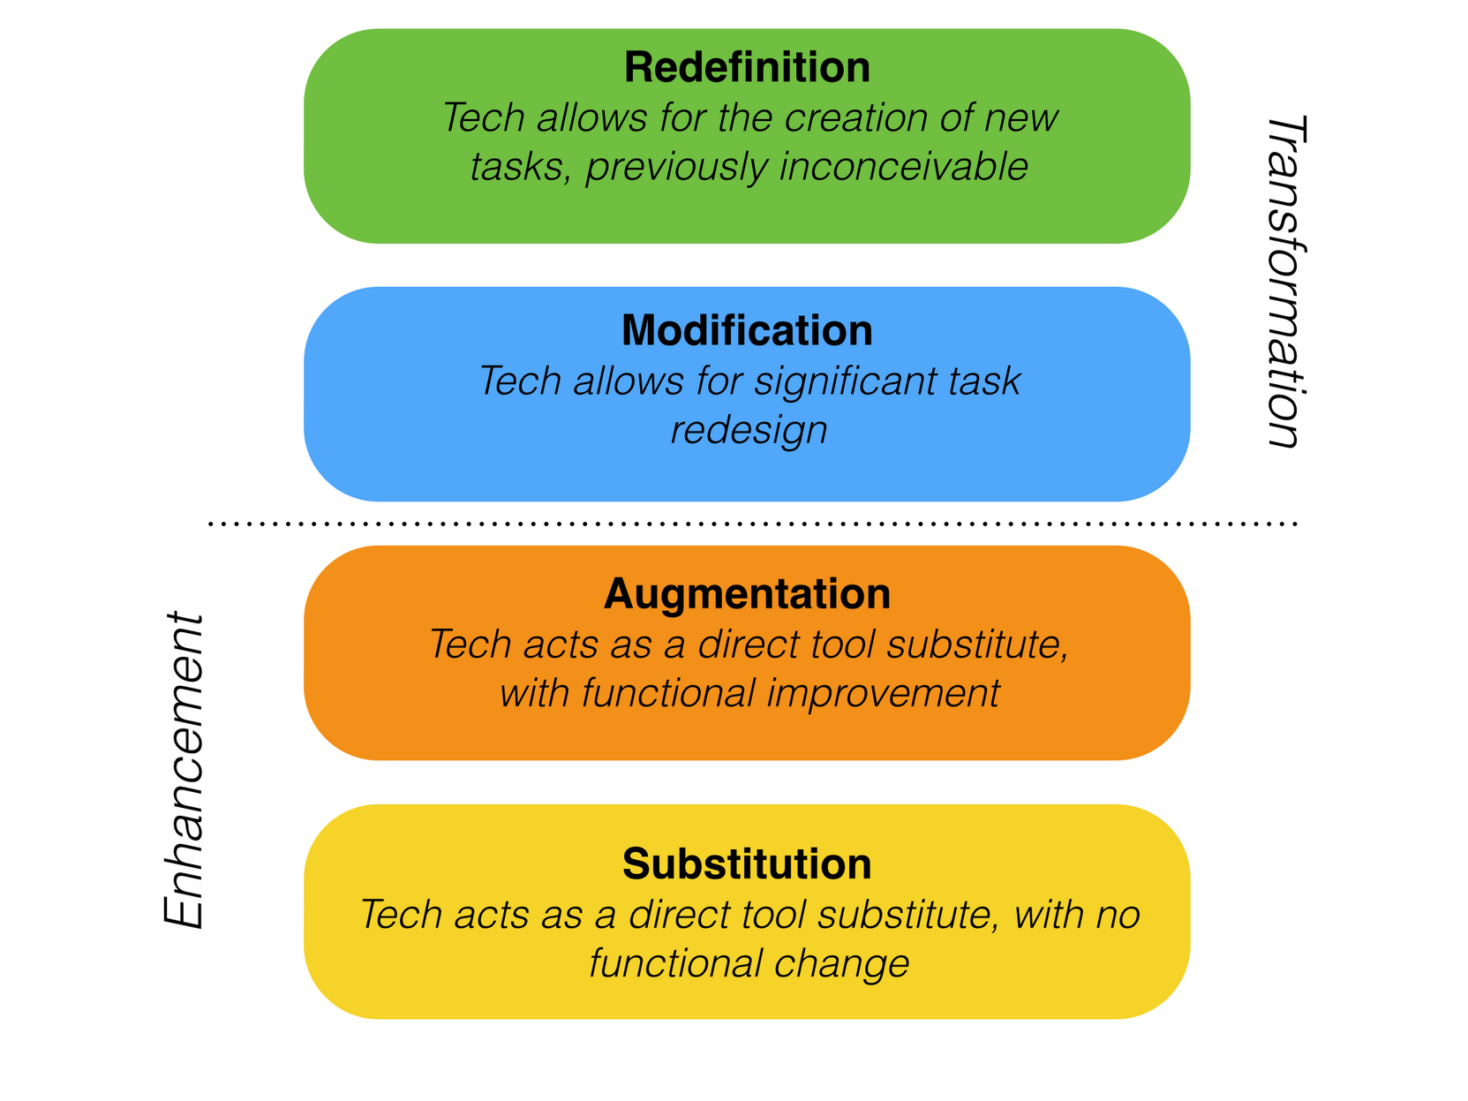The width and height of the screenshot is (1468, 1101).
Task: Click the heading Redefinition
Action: click(747, 68)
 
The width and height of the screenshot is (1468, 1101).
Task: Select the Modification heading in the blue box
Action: click(747, 330)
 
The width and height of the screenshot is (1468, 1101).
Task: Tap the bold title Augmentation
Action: click(747, 593)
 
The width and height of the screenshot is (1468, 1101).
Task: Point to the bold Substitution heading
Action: click(747, 863)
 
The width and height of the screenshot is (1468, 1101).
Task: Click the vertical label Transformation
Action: click(1285, 282)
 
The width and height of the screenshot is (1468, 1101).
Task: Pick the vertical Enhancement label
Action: click(184, 769)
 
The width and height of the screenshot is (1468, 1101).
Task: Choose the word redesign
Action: click(749, 431)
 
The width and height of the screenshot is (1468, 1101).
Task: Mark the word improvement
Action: click(884, 693)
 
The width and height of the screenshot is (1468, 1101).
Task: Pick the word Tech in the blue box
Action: click(518, 381)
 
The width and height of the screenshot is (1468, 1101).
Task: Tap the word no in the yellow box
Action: click(1118, 915)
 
